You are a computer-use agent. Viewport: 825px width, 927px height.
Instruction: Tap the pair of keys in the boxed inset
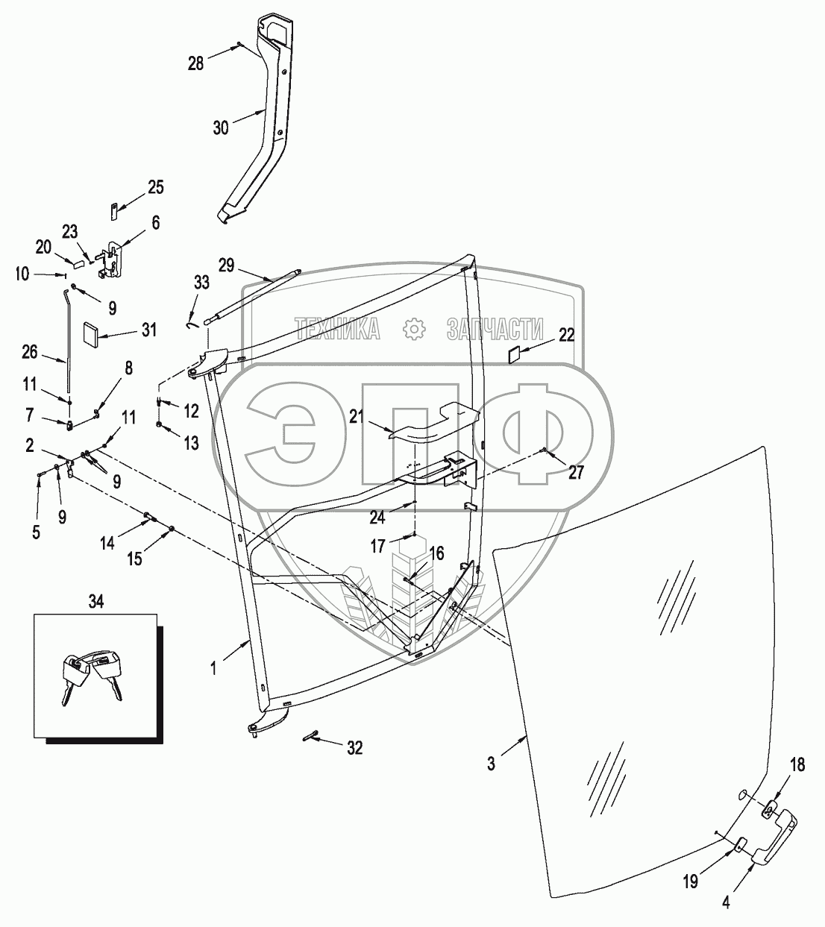92,673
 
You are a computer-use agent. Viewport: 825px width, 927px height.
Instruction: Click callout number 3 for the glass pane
491,764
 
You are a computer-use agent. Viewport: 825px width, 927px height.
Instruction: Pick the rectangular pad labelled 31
93,333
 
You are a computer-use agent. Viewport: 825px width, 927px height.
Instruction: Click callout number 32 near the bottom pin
354,747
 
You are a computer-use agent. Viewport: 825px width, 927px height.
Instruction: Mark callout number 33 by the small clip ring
202,283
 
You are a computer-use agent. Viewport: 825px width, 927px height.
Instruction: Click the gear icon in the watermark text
412,328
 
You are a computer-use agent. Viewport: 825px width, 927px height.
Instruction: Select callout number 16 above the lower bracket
437,553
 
